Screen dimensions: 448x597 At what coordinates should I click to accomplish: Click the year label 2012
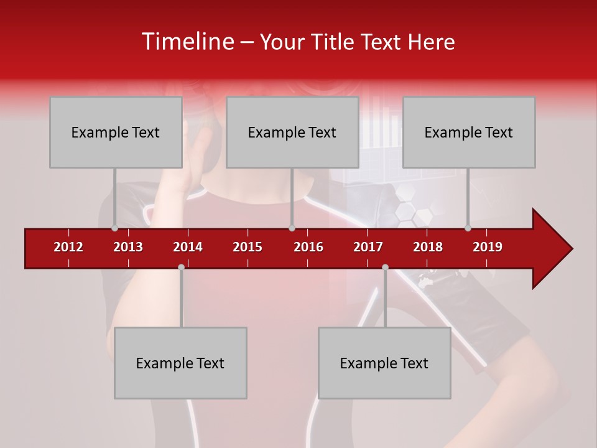pyautogui.click(x=68, y=247)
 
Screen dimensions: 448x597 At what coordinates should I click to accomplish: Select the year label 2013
pyautogui.click(x=128, y=247)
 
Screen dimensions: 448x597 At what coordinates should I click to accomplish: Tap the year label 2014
pyautogui.click(x=188, y=247)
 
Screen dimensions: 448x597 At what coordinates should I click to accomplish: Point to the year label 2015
pyautogui.click(x=248, y=247)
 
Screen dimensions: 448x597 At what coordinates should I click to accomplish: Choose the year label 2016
pyautogui.click(x=308, y=247)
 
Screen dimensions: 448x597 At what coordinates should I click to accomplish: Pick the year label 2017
pyautogui.click(x=368, y=247)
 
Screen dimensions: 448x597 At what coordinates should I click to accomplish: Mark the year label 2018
pyautogui.click(x=428, y=247)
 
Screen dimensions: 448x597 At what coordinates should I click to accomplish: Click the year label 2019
pyautogui.click(x=488, y=247)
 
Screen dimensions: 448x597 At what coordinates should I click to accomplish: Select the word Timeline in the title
pyautogui.click(x=187, y=42)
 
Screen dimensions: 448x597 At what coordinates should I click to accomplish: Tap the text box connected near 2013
pyautogui.click(x=116, y=132)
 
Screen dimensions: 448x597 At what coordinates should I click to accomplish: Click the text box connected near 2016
pyautogui.click(x=292, y=132)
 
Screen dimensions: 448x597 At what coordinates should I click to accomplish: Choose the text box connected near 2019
pyautogui.click(x=469, y=132)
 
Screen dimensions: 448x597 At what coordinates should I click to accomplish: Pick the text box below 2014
pyautogui.click(x=180, y=363)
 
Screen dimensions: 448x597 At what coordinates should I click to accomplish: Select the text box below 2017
pyautogui.click(x=384, y=363)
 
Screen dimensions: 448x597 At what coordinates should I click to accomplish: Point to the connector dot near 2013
pyautogui.click(x=114, y=228)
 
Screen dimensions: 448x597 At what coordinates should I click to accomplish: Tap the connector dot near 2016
pyautogui.click(x=292, y=228)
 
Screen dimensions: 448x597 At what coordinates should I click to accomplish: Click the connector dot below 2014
pyautogui.click(x=181, y=268)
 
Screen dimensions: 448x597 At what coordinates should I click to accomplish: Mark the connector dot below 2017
pyautogui.click(x=385, y=268)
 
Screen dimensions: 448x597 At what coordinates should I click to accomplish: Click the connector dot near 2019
pyautogui.click(x=468, y=228)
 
